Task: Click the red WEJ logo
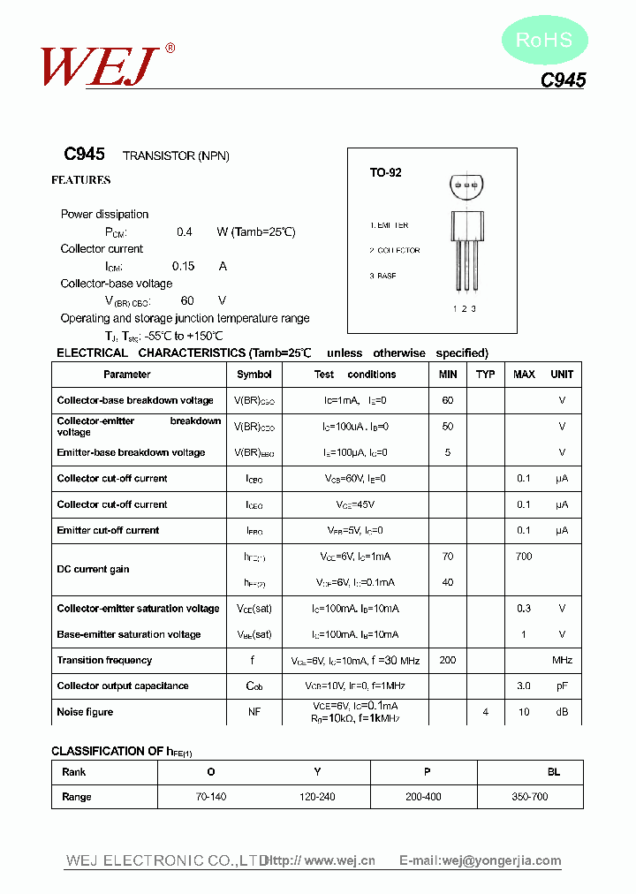point(100,64)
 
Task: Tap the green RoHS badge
point(544,40)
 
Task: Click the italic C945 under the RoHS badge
point(563,80)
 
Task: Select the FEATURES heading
point(81,180)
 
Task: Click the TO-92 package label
point(385,173)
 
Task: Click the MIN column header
point(448,375)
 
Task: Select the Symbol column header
point(254,375)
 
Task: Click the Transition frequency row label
point(104,661)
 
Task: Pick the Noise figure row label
point(85,712)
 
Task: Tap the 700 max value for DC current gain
point(524,557)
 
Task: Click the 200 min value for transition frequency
point(448,661)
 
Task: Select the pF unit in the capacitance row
point(562,686)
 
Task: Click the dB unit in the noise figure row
point(562,712)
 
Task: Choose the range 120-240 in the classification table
point(317,797)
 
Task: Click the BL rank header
point(554,772)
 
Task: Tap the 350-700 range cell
point(530,797)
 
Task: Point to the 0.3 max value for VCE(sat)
point(524,609)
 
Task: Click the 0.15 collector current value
point(183,266)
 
